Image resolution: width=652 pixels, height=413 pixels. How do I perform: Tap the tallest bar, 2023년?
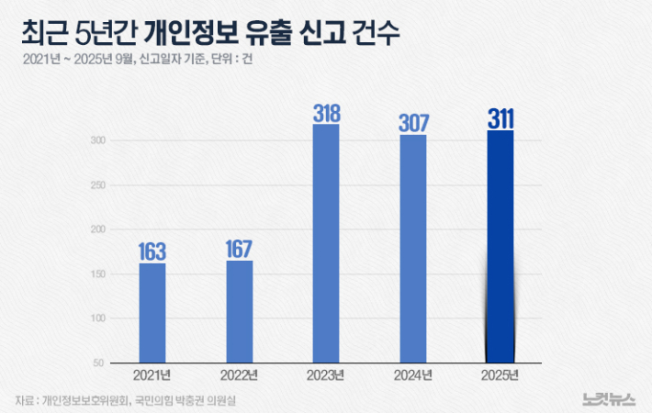[x=326, y=243]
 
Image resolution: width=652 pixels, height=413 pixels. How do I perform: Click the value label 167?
[x=239, y=249]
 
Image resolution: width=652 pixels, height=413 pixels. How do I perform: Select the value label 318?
[x=326, y=114]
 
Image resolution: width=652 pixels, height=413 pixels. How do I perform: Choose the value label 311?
[x=500, y=119]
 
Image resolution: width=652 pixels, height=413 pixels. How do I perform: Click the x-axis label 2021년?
[x=152, y=376]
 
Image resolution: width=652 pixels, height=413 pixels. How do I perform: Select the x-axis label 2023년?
[x=326, y=376]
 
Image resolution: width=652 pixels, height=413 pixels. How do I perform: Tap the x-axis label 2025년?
[x=500, y=376]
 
